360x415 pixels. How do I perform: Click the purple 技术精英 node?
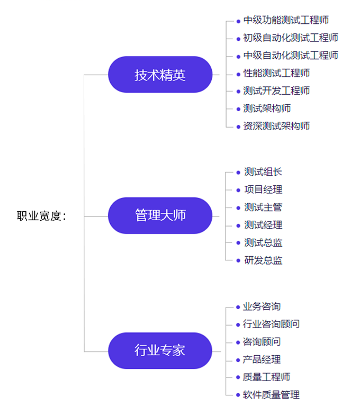(x=160, y=75)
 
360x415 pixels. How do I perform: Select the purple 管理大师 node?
(x=160, y=215)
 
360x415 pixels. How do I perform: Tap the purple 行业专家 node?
(x=160, y=350)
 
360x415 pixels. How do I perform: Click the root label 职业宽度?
(x=41, y=216)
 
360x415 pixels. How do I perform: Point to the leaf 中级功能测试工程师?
(x=286, y=21)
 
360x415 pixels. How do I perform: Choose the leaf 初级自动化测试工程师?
(x=291, y=38)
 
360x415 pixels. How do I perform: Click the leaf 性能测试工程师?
(x=276, y=73)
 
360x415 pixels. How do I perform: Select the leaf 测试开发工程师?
(x=276, y=91)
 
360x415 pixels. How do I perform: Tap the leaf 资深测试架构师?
(x=276, y=126)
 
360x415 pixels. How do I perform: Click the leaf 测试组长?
(x=263, y=172)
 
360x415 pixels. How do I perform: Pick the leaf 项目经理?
(x=263, y=190)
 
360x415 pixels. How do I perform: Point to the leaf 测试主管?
(x=263, y=207)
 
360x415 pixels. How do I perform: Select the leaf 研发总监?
(x=263, y=260)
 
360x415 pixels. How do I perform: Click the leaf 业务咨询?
(x=262, y=306)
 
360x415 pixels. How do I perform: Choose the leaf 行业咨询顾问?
(x=271, y=324)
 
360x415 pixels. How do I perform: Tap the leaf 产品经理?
(x=262, y=359)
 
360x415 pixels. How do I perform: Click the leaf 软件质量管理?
(x=271, y=395)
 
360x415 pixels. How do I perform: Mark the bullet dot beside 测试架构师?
(x=238, y=109)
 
